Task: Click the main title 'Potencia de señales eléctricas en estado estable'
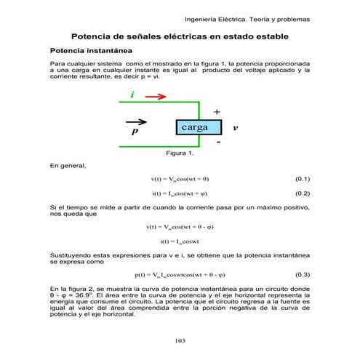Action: [180, 36]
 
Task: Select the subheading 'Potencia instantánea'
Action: [90, 52]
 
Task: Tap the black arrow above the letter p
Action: [135, 122]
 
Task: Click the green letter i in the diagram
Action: [132, 95]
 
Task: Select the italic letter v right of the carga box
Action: [235, 128]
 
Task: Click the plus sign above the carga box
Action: [216, 111]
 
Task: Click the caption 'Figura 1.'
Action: [180, 153]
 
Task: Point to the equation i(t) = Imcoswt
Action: [179, 241]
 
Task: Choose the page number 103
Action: [180, 340]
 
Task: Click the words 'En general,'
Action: [68, 166]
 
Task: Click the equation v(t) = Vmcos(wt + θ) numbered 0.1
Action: [180, 178]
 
